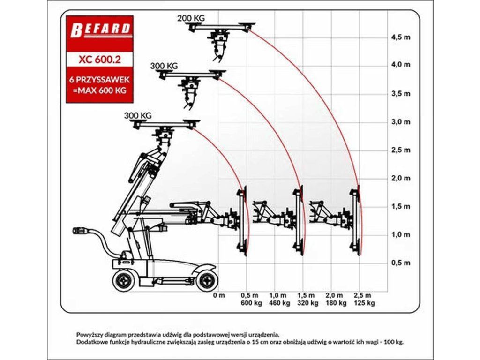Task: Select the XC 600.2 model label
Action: pos(99,60)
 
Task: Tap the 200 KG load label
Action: pos(191,18)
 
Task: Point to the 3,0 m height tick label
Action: pos(400,122)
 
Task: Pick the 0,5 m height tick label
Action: pos(400,262)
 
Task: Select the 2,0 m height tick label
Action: pos(400,178)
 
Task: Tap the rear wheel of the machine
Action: pos(124,281)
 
